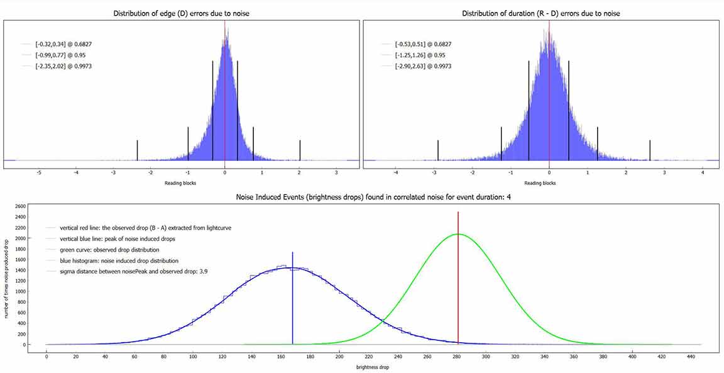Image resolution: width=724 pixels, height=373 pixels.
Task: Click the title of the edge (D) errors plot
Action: coord(181,13)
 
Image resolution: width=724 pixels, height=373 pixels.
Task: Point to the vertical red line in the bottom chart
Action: coord(458,283)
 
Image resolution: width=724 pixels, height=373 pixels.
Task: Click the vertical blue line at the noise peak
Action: coord(293,302)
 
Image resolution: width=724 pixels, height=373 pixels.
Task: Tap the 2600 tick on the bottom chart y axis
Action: coord(20,206)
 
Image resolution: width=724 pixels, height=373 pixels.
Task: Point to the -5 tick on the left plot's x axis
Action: coord(39,172)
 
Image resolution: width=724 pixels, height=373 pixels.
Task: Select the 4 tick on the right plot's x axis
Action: coord(702,172)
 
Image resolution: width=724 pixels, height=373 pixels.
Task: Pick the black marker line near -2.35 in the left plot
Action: coord(137,150)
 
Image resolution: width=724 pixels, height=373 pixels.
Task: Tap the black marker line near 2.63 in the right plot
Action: coord(650,150)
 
